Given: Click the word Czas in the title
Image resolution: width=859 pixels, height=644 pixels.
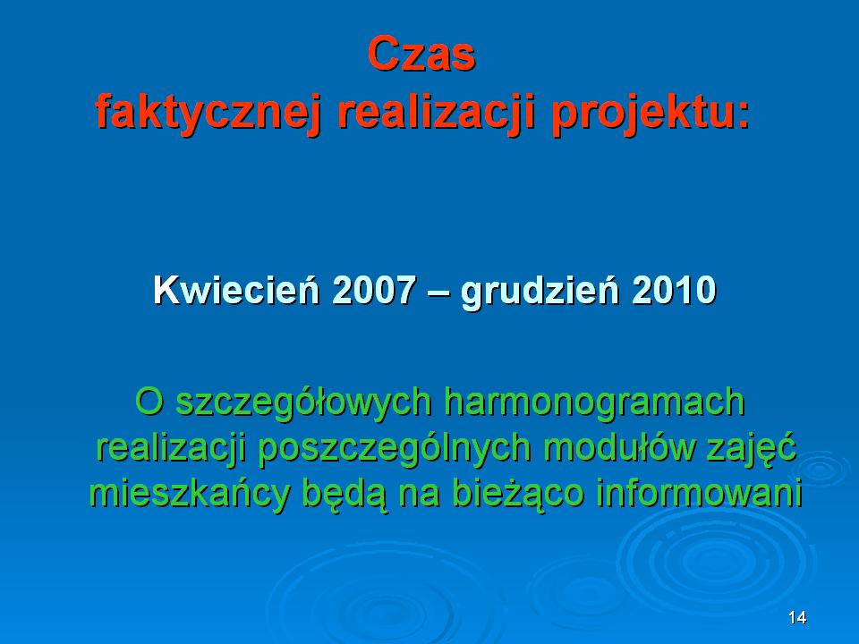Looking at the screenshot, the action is [x=421, y=55].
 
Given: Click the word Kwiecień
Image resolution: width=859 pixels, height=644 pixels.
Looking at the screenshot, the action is [x=236, y=290].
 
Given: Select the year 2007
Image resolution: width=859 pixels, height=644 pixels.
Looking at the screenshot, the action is [x=374, y=290].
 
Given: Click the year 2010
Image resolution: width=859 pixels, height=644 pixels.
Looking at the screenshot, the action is [x=675, y=290].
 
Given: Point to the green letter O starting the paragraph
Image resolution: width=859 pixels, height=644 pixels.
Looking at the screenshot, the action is [x=149, y=402].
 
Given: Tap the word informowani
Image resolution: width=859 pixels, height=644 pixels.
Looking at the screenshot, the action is [x=700, y=493].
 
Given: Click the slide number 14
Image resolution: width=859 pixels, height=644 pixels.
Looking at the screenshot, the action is [x=797, y=618].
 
